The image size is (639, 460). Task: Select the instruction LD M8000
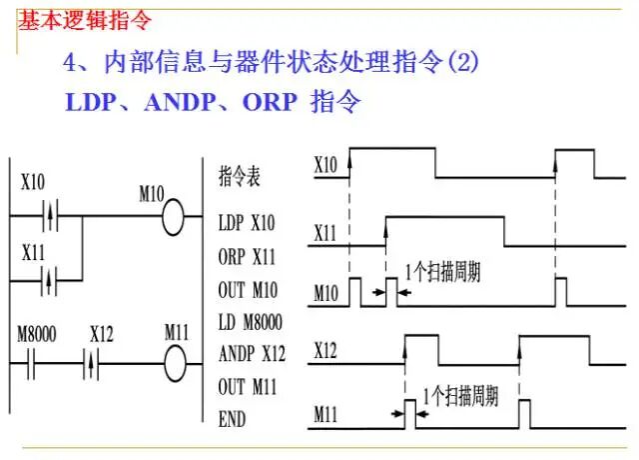point(251,322)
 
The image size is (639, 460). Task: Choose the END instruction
point(232,419)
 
